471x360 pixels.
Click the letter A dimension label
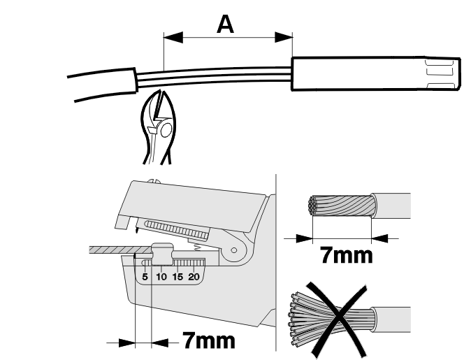(225, 24)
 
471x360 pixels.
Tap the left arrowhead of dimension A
(173, 37)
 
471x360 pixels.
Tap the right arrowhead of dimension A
(284, 37)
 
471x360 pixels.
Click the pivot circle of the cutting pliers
(166, 131)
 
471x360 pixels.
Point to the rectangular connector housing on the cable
(376, 73)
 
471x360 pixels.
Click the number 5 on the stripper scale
(145, 277)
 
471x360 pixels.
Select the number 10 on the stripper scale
(161, 277)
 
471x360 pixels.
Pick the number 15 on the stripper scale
(177, 277)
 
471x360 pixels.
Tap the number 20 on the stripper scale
(194, 277)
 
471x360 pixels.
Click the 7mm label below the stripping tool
(209, 340)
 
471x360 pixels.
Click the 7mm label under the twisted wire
(347, 255)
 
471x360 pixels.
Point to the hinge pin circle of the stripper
(234, 250)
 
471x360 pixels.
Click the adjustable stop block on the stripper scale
(163, 254)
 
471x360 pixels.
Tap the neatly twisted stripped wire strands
(342, 206)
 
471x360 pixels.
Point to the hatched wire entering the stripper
(119, 250)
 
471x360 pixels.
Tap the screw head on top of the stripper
(154, 181)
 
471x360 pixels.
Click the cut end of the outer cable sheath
(136, 80)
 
